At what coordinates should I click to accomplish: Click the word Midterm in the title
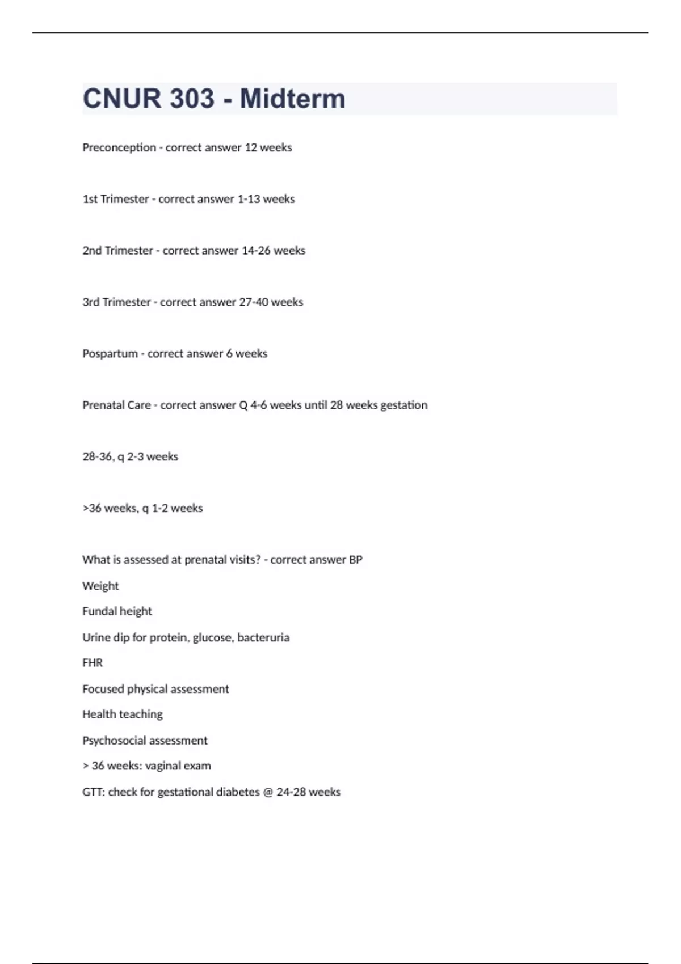click(292, 99)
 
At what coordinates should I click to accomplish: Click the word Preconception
click(119, 147)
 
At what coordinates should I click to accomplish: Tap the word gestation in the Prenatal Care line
click(403, 405)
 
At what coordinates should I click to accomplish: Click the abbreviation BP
click(356, 560)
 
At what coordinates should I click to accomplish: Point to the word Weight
click(100, 586)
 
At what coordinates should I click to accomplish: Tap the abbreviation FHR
click(93, 663)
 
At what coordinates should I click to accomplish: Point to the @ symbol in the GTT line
click(268, 792)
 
